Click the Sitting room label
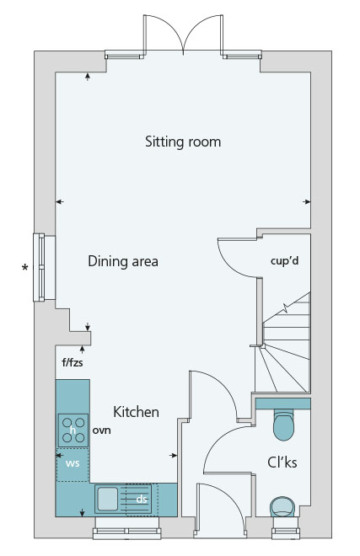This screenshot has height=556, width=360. pyautogui.click(x=183, y=142)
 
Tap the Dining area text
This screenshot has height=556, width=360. pyautogui.click(x=123, y=261)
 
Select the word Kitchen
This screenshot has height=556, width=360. pyautogui.click(x=136, y=412)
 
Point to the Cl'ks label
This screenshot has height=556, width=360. pyautogui.click(x=282, y=462)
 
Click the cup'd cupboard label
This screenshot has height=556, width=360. pyautogui.click(x=284, y=261)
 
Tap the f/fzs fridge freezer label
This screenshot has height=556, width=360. pyautogui.click(x=73, y=362)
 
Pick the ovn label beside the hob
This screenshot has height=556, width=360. pyautogui.click(x=101, y=430)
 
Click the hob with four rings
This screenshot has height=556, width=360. pyautogui.click(x=73, y=430)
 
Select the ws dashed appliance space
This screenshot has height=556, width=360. pyautogui.click(x=73, y=464)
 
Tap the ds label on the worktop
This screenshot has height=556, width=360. pyautogui.click(x=142, y=500)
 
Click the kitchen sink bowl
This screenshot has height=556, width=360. pyautogui.click(x=108, y=499)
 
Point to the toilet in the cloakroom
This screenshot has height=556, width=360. pyautogui.click(x=283, y=425)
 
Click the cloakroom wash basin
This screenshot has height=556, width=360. pyautogui.click(x=282, y=506)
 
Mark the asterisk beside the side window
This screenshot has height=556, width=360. pyautogui.click(x=24, y=268)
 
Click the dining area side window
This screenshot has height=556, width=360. pyautogui.click(x=39, y=267)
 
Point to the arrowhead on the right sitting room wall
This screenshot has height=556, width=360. pyautogui.click(x=307, y=202)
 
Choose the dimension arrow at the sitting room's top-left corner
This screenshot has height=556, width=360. pyautogui.click(x=88, y=76)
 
